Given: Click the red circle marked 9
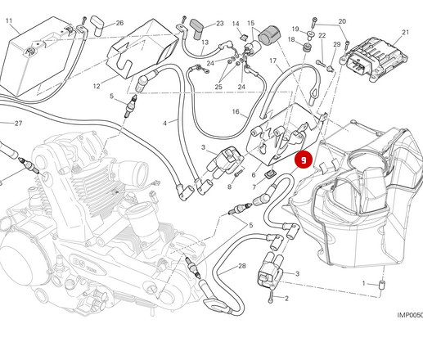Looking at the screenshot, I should tap(304, 160).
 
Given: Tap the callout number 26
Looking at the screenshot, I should tap(119, 23).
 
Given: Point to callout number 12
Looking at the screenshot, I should tap(96, 86).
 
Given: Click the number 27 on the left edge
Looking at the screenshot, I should tap(18, 124).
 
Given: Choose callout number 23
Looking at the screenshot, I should tap(219, 24).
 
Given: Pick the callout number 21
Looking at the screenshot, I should tap(405, 33).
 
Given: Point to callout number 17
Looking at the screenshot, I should tap(272, 61).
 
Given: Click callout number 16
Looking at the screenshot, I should tap(236, 111).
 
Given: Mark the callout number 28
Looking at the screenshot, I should tap(242, 267).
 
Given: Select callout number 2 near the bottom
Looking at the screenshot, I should tap(286, 299).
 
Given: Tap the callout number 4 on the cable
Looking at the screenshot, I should tap(164, 124).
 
